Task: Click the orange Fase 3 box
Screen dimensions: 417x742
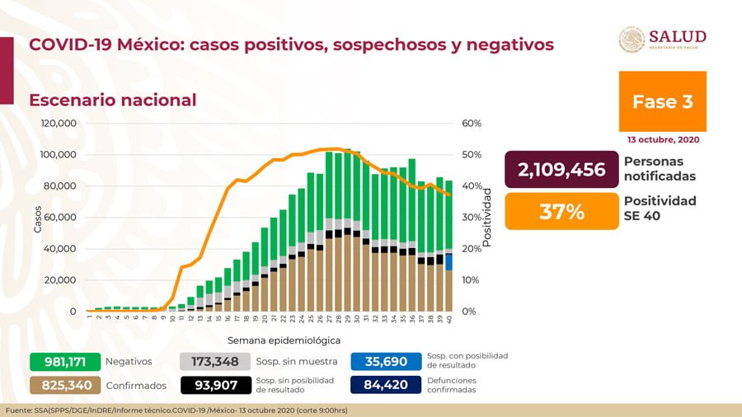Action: pos(662,101)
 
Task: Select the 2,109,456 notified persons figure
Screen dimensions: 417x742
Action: pos(561,170)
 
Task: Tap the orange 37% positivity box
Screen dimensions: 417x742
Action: pos(561,212)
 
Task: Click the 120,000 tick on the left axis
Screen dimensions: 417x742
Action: pos(59,124)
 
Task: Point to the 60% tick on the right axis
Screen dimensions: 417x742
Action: pos(472,124)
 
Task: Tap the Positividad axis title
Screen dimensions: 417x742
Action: pos(487,217)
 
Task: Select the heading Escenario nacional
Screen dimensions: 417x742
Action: pos(113,101)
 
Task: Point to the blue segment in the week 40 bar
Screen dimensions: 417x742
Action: pos(448,262)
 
